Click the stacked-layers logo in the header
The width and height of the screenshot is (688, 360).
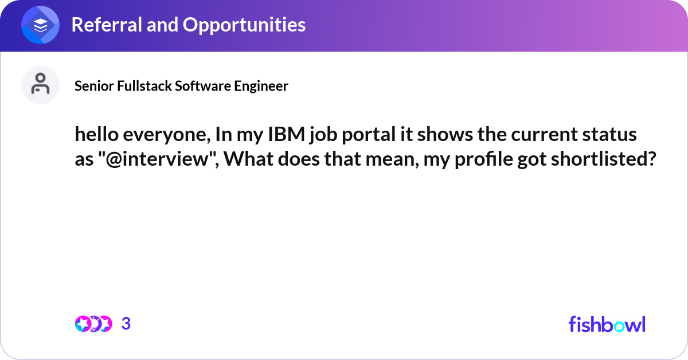(40, 25)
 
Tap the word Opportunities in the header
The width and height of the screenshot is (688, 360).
(244, 25)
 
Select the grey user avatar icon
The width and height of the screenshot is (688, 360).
(40, 85)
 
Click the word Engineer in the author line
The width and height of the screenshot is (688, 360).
(261, 85)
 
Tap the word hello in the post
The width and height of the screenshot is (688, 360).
(97, 134)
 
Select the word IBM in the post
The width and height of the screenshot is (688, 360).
(287, 134)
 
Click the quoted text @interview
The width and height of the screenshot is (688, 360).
(160, 159)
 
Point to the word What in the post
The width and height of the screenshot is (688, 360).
(248, 159)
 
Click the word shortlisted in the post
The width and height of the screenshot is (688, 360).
(600, 159)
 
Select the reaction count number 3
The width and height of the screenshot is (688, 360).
(126, 324)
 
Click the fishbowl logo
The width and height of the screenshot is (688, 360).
(607, 324)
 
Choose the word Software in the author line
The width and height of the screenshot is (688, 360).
(203, 85)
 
